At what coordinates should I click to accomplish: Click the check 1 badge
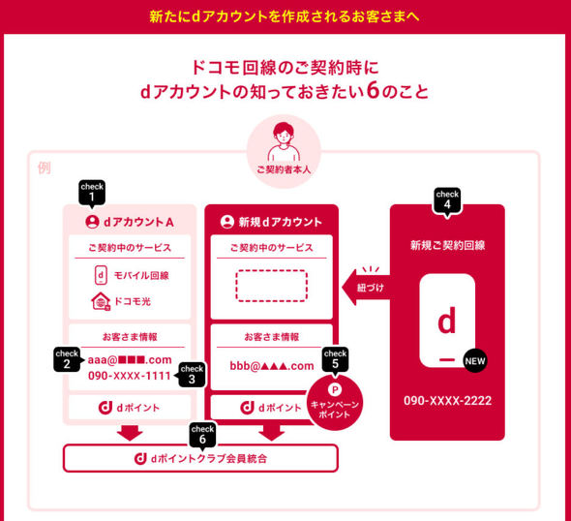pyautogui.click(x=92, y=193)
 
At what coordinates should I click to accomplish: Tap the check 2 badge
pyautogui.click(x=67, y=359)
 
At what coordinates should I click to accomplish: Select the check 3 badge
pyautogui.click(x=192, y=375)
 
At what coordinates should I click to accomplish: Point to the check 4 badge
pyautogui.click(x=447, y=200)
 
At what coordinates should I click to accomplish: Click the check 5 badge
pyautogui.click(x=335, y=359)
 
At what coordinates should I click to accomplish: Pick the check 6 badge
pyautogui.click(x=202, y=435)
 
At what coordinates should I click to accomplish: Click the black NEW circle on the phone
pyautogui.click(x=475, y=361)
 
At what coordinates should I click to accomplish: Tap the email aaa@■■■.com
pyautogui.click(x=130, y=360)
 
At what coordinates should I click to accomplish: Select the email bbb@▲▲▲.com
pyautogui.click(x=272, y=366)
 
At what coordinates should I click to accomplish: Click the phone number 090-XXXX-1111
pyautogui.click(x=130, y=376)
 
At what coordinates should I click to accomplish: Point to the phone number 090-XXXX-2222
pyautogui.click(x=447, y=401)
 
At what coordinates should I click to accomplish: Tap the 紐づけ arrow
pyautogui.click(x=366, y=288)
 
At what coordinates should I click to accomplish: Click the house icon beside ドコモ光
pyautogui.click(x=101, y=302)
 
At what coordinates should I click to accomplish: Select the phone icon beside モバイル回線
pyautogui.click(x=101, y=275)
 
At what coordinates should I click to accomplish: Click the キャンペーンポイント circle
pyautogui.click(x=335, y=403)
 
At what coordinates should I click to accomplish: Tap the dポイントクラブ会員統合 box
pyautogui.click(x=200, y=458)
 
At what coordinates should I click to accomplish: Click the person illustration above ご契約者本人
pyautogui.click(x=284, y=142)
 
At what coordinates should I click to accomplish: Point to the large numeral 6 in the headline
pyautogui.click(x=373, y=90)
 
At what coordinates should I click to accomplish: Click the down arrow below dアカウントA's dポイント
pyautogui.click(x=130, y=433)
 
